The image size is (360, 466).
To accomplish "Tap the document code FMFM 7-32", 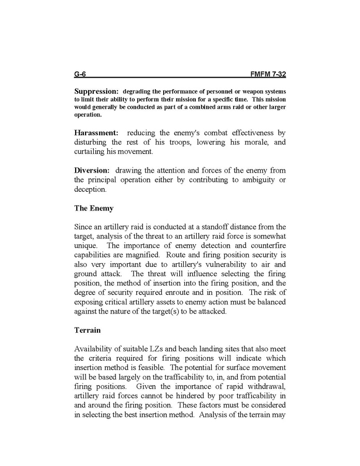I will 268,74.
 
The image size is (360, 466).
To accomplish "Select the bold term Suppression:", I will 96,91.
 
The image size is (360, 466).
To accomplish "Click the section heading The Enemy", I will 94,208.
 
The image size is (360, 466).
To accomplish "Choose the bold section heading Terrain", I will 88,330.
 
